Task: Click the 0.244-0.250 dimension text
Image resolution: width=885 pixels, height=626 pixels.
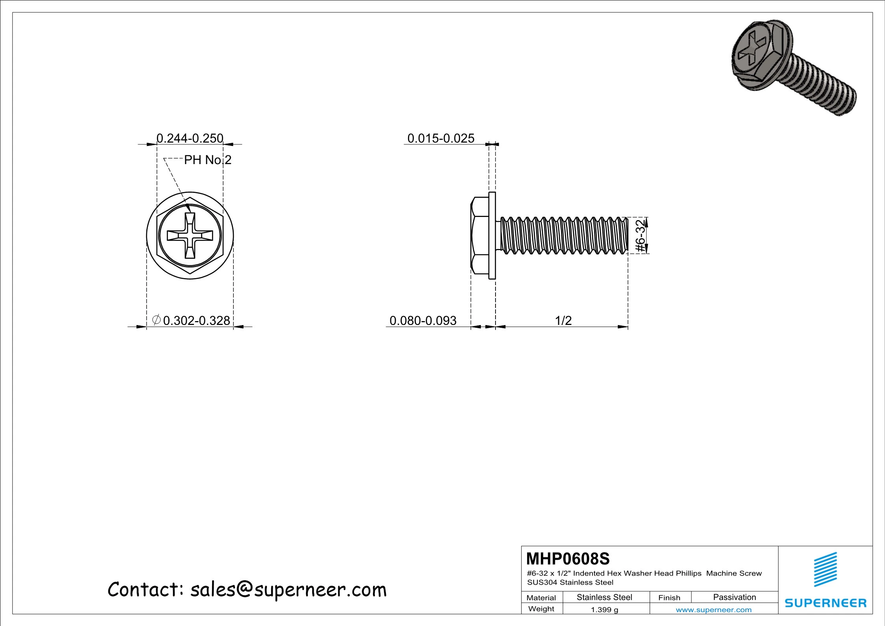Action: (190, 138)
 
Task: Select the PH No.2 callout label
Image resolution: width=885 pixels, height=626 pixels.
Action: (208, 160)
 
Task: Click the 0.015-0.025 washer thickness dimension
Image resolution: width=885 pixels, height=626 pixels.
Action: (440, 138)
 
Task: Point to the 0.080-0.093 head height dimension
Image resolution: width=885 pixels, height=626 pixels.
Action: (423, 320)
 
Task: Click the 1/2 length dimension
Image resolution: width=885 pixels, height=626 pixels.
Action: (563, 320)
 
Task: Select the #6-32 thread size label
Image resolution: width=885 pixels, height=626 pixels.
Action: (641, 235)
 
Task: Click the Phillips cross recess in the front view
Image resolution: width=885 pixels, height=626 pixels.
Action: (190, 236)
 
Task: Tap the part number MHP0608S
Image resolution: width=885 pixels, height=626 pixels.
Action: (568, 559)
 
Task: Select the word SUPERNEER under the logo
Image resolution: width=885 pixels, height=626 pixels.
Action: (825, 603)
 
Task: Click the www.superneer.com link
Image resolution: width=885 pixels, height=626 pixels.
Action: (714, 610)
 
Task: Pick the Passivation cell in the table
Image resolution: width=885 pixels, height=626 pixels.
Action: (734, 597)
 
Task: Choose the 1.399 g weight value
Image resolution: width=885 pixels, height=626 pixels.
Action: (604, 610)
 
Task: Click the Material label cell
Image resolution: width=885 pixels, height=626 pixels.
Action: (541, 598)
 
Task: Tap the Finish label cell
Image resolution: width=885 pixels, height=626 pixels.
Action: (669, 598)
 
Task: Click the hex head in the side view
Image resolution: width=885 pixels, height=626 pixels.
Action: (479, 235)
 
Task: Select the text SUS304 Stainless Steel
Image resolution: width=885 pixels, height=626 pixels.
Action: (570, 582)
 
